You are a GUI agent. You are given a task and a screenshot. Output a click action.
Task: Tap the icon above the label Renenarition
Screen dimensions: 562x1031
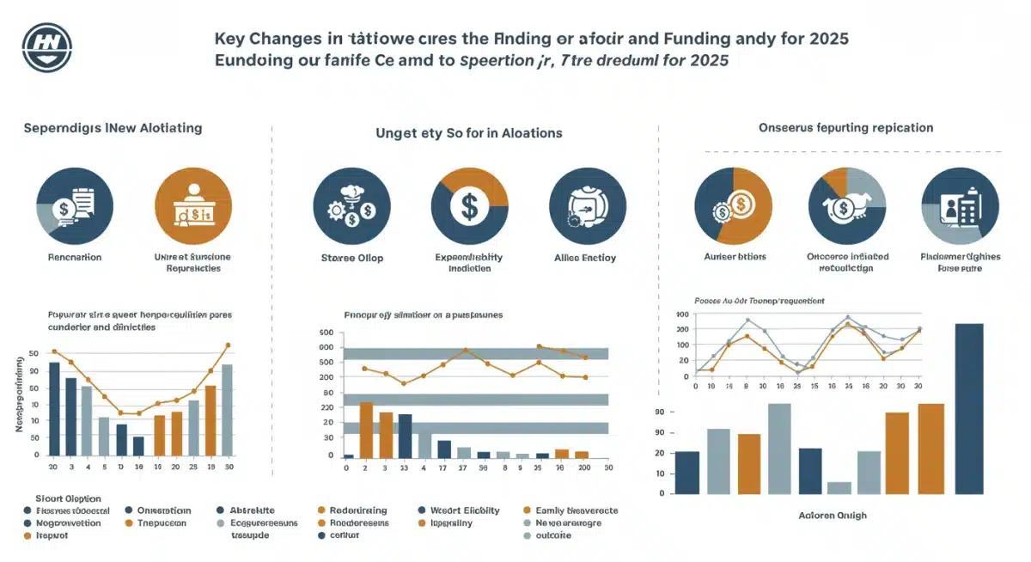[74, 206]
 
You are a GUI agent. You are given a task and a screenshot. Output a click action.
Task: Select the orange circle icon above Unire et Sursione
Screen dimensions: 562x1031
[192, 206]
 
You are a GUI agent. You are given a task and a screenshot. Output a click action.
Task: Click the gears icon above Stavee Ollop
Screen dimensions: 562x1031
[352, 206]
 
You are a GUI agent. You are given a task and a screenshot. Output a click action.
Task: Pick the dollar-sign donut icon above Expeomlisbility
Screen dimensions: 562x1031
[470, 206]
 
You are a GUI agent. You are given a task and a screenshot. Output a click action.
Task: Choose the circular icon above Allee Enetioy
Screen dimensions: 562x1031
[586, 206]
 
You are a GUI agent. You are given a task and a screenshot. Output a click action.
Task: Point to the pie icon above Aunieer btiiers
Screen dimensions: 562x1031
[732, 206]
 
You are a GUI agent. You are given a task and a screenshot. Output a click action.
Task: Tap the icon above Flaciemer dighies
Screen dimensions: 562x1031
[959, 206]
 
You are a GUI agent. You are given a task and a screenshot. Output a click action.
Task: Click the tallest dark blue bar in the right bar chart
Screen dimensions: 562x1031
[969, 408]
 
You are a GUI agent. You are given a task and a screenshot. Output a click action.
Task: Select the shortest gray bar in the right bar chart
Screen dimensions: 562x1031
[839, 487]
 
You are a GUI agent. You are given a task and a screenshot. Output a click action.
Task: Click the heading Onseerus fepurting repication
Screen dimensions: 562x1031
[845, 127]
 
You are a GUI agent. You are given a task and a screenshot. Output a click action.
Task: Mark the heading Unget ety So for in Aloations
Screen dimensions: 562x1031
[469, 133]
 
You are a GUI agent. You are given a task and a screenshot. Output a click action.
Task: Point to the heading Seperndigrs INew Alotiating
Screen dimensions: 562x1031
[113, 128]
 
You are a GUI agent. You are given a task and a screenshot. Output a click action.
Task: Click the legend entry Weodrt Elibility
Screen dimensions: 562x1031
[464, 510]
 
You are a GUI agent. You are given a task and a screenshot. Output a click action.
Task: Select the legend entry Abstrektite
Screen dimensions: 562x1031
[249, 510]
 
